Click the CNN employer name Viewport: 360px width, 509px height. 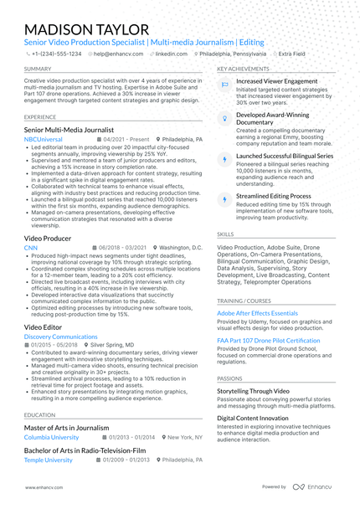pyautogui.click(x=31, y=249)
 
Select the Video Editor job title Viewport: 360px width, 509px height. pyautogui.click(x=43, y=326)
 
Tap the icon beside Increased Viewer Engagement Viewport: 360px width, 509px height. pyautogui.click(x=224, y=85)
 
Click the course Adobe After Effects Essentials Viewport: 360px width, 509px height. pyautogui.click(x=257, y=312)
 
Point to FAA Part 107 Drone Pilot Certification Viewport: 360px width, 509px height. pyautogui.click(x=268, y=341)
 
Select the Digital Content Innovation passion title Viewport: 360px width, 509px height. pyautogui.click(x=257, y=417)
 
